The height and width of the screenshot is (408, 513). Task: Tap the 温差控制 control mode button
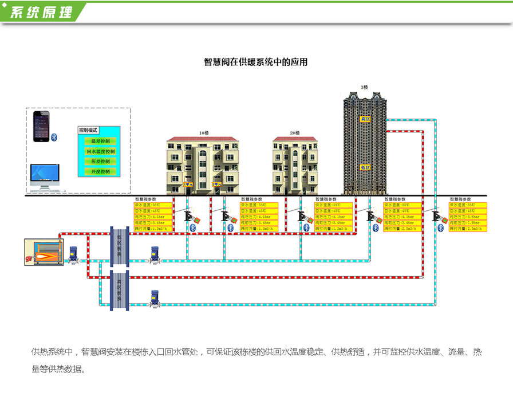[x=100, y=141]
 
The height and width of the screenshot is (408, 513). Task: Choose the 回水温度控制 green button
[x=100, y=151]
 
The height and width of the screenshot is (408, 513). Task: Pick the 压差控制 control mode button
[x=100, y=162]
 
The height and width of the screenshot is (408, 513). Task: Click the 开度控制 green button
[x=100, y=171]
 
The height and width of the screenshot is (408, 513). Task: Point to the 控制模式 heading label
[x=89, y=130]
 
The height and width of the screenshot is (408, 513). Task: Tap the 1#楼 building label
[x=203, y=133]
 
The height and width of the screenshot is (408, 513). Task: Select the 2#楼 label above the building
[x=294, y=133]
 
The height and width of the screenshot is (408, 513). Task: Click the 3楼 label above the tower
[x=364, y=87]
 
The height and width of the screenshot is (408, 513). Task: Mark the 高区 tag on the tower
[x=364, y=119]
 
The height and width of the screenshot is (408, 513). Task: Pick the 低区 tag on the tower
[x=364, y=167]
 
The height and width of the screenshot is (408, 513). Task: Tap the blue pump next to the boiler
[x=73, y=254]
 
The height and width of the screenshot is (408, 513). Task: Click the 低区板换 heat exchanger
[x=120, y=245]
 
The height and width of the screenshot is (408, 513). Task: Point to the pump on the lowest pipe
[x=154, y=299]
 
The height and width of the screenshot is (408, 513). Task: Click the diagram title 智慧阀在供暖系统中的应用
[x=256, y=62]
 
